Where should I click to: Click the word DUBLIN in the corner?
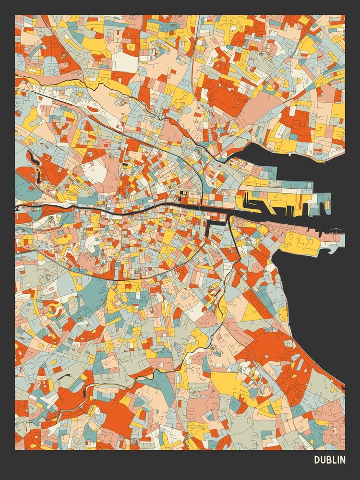pyautogui.click(x=329, y=460)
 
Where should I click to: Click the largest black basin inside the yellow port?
pyautogui.click(x=254, y=202)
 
